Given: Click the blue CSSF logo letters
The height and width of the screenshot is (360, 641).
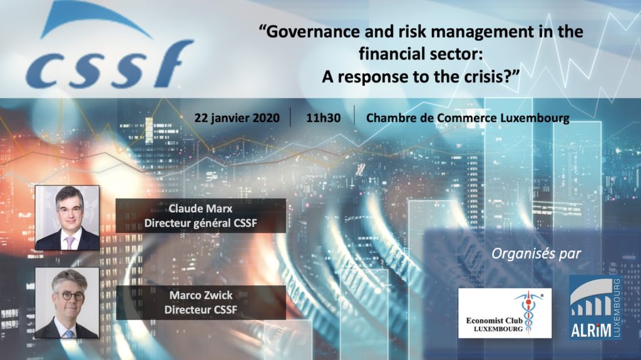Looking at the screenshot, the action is point(110,64).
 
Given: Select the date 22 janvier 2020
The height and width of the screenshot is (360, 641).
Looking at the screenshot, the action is point(237,118).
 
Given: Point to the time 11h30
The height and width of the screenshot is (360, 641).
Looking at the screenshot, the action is point(323,118).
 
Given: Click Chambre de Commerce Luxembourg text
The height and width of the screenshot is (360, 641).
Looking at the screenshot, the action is point(468,118).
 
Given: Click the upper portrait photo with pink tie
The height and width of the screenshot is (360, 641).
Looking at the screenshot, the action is point(67,218).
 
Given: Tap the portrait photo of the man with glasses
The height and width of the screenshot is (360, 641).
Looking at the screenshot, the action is point(67,303).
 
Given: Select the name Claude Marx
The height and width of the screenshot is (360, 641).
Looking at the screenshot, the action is point(200,208).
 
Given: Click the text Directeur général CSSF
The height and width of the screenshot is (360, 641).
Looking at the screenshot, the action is point(200,223).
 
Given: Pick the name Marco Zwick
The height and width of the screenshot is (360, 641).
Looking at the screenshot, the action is point(201,295).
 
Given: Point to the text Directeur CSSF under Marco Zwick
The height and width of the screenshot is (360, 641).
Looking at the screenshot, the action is point(201,309).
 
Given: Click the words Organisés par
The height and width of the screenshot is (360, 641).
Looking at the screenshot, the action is point(536,254).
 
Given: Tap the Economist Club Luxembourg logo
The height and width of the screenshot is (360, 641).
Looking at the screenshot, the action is point(505,313).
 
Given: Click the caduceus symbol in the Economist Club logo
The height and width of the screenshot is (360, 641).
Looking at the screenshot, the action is point(529,312).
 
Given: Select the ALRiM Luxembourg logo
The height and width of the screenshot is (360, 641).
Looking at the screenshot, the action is point(595,307).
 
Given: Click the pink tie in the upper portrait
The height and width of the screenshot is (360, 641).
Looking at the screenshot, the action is point(69,242).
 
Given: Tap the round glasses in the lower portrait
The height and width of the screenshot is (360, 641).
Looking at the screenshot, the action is point(69,296).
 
